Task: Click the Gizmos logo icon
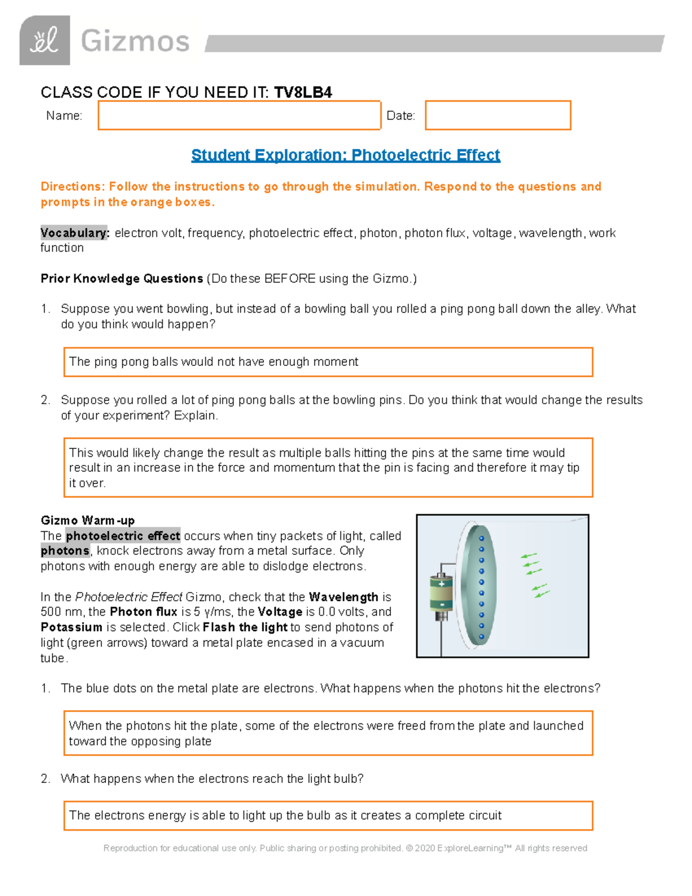point(44,40)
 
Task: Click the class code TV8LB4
point(303,92)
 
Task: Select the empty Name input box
point(239,115)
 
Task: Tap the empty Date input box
point(498,115)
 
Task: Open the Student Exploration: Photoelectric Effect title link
point(345,155)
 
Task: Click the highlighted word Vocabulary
point(74,233)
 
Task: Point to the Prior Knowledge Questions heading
point(122,279)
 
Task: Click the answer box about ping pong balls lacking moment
point(328,362)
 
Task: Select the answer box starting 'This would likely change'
point(328,468)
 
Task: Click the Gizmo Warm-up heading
point(88,520)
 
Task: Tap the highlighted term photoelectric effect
point(123,536)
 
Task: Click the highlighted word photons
point(65,551)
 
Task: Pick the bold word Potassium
point(72,627)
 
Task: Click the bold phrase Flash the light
point(245,627)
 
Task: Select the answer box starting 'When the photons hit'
point(328,733)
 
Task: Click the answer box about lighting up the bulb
point(328,816)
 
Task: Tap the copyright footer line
point(345,848)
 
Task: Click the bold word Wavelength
point(344,597)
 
